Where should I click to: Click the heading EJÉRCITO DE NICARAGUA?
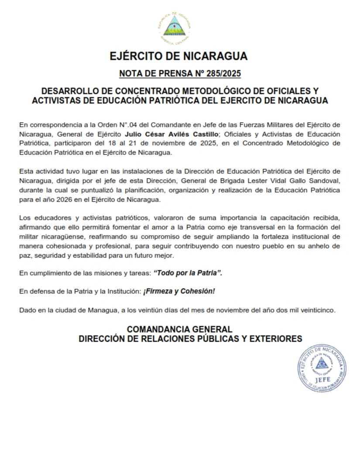pyautogui.click(x=179, y=56)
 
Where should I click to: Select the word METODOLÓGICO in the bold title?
pyautogui.click(x=210, y=91)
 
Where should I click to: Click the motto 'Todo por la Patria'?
pyautogui.click(x=191, y=272)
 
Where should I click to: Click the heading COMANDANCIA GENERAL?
pyautogui.click(x=179, y=329)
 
